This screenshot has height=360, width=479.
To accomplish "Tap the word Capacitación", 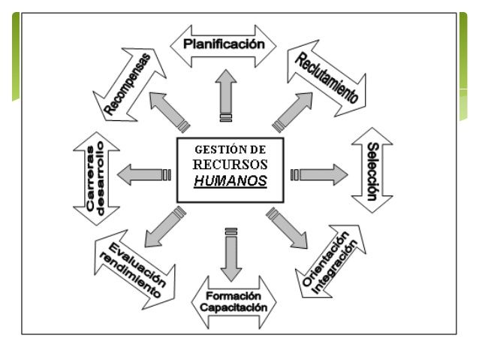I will click(x=234, y=307).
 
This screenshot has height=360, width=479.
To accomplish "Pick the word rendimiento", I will click(x=129, y=272).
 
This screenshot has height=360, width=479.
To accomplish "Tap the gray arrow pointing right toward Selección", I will click(x=324, y=174).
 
